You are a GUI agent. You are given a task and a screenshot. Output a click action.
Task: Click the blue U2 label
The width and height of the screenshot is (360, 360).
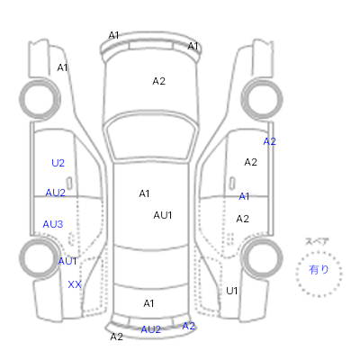tap(58, 163)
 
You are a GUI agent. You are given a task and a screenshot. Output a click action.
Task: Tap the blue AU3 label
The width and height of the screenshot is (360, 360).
tap(53, 224)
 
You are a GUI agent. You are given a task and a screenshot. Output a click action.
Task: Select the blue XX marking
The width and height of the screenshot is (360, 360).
tap(75, 284)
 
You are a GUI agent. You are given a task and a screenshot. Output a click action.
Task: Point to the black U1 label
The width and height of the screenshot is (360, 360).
tap(232, 291)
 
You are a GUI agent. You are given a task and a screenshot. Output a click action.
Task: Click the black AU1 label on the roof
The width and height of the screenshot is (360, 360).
tap(163, 215)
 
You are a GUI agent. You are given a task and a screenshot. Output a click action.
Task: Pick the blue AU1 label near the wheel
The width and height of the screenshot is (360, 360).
tap(67, 261)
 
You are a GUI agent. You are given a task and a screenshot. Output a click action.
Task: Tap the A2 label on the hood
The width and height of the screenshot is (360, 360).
tap(158, 81)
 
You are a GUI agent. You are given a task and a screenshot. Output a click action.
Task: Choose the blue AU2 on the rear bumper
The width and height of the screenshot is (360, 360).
tap(150, 329)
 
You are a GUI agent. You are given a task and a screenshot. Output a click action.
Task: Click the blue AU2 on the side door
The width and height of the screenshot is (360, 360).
tap(55, 193)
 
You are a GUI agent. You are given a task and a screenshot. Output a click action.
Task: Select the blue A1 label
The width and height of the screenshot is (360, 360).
tap(244, 196)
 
